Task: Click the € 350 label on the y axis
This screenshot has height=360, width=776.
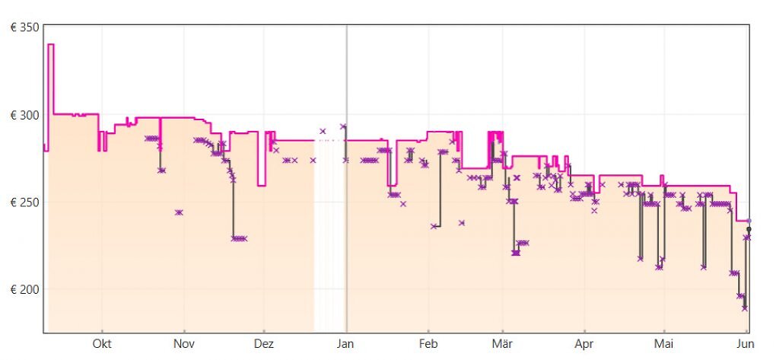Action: coord(25,27)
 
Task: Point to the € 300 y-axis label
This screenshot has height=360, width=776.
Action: coord(25,115)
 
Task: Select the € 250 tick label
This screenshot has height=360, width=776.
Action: coord(25,202)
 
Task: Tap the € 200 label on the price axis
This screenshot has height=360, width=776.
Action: coord(25,289)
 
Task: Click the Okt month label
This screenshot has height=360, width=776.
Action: coord(102,344)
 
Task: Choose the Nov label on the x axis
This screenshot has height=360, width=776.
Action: coord(183,344)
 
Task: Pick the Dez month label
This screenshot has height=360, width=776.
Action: coord(264,344)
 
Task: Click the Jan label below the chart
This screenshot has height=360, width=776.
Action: coord(345,344)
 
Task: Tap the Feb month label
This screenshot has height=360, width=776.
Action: coord(428,344)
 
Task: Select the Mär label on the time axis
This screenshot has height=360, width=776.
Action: coord(502,344)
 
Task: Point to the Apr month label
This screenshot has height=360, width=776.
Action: coord(584,344)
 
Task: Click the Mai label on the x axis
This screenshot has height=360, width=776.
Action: coord(663,344)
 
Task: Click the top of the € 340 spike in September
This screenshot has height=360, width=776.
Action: coord(50,45)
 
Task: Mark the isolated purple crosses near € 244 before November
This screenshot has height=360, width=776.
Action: coord(179,212)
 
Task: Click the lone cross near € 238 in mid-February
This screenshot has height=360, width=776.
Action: coord(462,223)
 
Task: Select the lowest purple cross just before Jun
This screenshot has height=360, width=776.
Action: coord(744,308)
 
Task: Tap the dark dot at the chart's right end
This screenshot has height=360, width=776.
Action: coord(749,229)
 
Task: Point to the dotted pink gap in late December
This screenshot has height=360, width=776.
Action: coord(329,141)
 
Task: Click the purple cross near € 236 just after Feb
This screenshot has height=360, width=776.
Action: coord(434,226)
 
